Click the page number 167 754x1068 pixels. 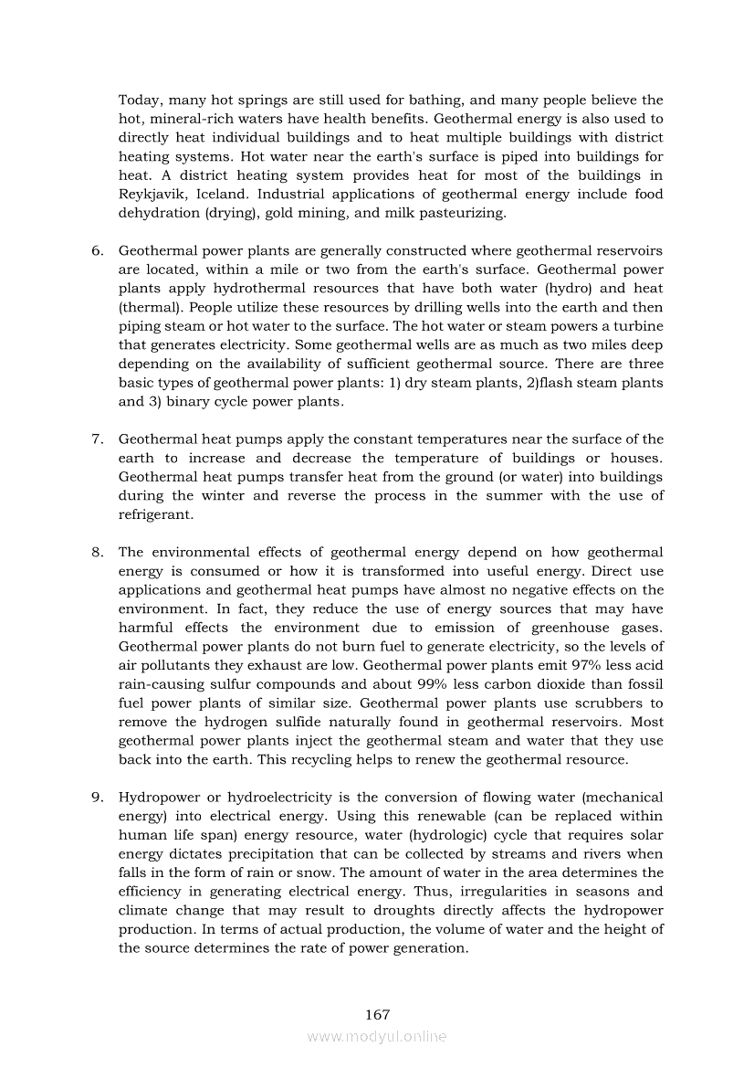pyautogui.click(x=377, y=1015)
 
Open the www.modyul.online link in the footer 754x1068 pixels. pyautogui.click(x=377, y=1036)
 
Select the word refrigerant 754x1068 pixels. pyautogui.click(x=156, y=514)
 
